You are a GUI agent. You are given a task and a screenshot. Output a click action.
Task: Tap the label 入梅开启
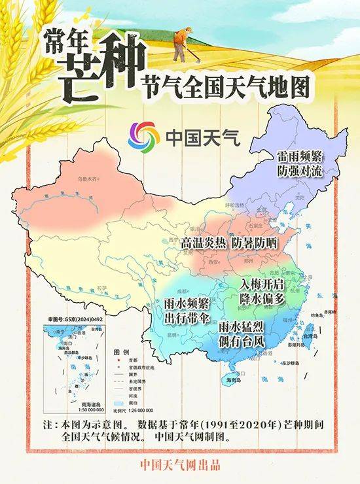[x=262, y=285]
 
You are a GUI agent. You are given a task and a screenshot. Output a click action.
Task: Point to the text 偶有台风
[x=242, y=341]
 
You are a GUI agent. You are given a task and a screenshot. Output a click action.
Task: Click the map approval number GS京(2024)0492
[x=72, y=319]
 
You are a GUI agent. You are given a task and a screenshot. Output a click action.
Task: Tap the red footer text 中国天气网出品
[x=180, y=466]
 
